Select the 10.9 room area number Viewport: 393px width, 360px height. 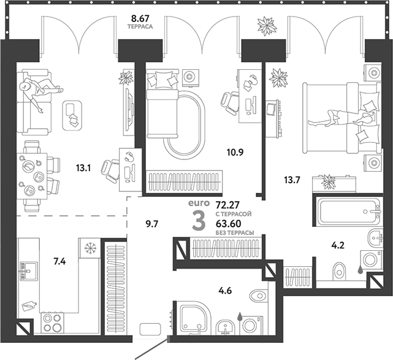235,151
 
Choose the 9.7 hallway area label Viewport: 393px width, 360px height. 152,223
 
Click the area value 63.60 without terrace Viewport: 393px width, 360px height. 229,224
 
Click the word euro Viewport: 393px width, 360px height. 198,202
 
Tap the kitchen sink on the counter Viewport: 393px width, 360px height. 29,269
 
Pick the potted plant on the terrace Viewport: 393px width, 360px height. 267,26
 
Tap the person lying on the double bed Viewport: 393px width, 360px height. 340,117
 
